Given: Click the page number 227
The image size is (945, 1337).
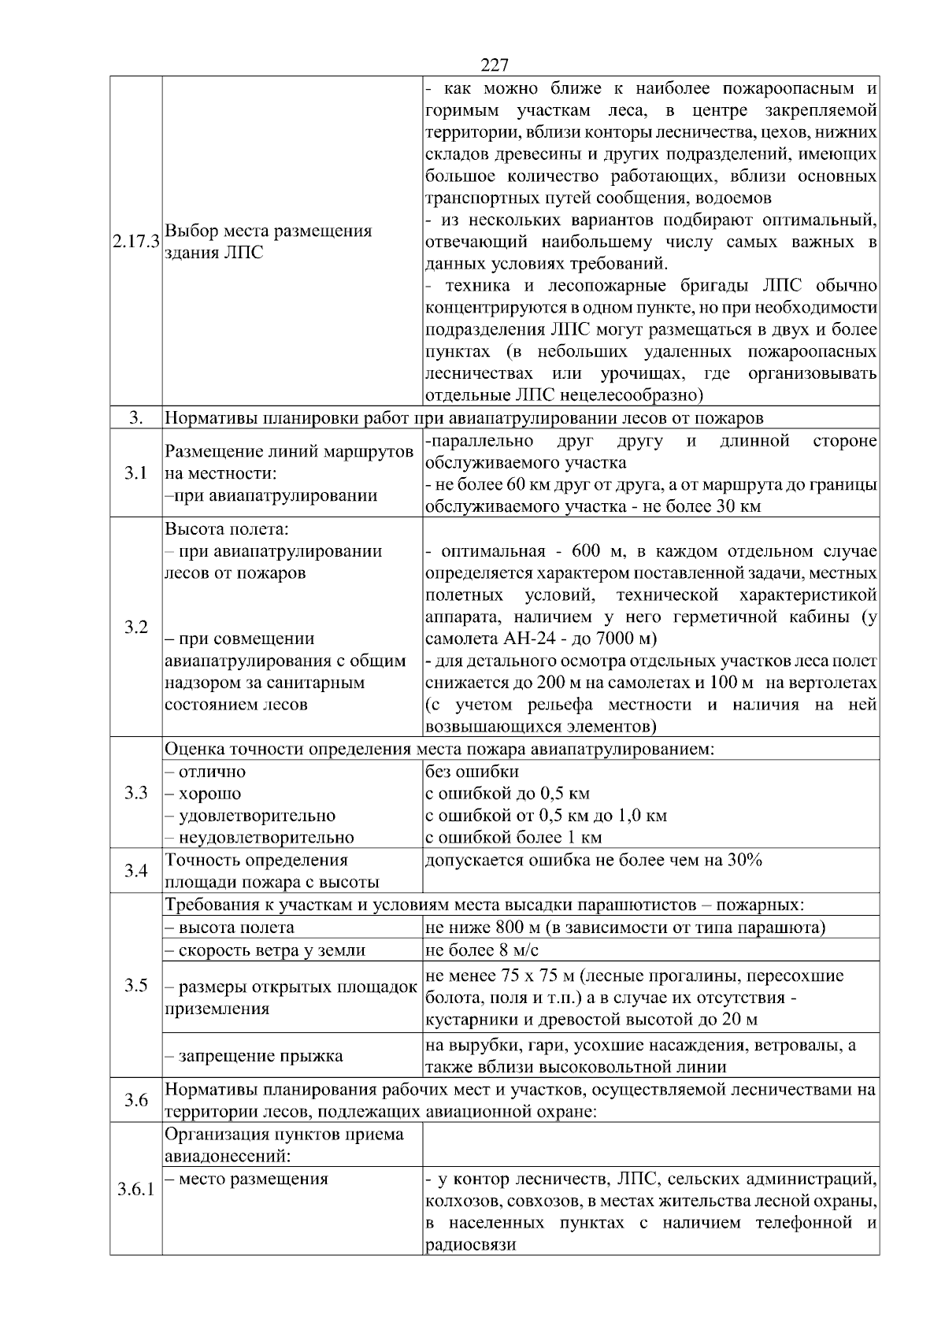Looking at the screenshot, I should tap(494, 65).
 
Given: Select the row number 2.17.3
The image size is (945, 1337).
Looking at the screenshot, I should tap(135, 242).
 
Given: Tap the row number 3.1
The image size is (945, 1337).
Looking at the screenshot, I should tap(135, 473).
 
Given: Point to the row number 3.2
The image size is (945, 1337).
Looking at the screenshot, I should tap(135, 628).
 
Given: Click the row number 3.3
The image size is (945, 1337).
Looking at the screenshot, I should tap(135, 793).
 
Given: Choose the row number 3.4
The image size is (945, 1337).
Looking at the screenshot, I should tap(135, 871).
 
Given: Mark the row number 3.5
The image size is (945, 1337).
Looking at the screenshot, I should tap(135, 985).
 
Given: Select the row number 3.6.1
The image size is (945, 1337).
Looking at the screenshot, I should tap(135, 1189).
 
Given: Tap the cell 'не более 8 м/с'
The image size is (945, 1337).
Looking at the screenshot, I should tap(476, 950).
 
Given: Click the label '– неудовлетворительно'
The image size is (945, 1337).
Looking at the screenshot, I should tap(259, 837).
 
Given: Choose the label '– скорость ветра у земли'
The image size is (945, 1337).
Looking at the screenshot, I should tap(265, 950).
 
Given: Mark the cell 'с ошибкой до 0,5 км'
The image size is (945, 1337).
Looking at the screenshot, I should tap(507, 793).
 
